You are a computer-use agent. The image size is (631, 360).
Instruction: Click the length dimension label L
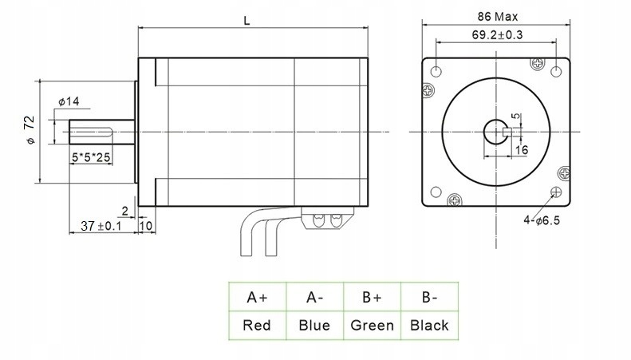point(248,22)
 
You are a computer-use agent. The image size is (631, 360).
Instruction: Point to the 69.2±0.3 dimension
point(496,35)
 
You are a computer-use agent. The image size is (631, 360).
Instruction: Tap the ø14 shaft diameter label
point(69,101)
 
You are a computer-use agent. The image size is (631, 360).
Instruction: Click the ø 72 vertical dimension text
point(30,129)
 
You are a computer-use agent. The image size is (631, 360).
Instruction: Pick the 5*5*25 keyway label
point(91,158)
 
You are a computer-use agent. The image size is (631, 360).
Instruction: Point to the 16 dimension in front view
point(522,150)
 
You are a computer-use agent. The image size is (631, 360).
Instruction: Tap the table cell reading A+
point(257,298)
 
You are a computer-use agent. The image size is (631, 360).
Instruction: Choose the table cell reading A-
point(314,298)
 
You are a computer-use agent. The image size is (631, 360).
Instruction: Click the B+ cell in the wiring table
point(371,298)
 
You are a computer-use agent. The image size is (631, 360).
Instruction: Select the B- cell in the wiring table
point(429,298)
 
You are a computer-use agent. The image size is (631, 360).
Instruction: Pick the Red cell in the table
point(257,325)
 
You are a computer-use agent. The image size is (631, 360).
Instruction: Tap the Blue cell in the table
point(314,325)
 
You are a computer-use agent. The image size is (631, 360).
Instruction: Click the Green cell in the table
point(371,325)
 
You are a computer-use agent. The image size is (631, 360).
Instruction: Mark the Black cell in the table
point(429,325)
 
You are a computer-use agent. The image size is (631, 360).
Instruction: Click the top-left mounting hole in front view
point(436,71)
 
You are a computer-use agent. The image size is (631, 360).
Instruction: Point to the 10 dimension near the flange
point(146,227)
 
